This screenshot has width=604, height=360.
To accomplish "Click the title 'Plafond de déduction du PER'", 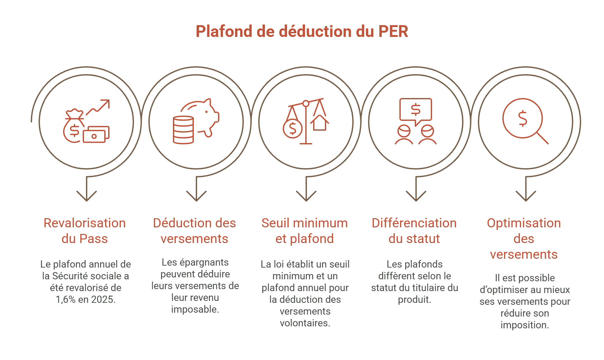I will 302,32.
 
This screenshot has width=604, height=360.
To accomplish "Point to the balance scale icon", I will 306,121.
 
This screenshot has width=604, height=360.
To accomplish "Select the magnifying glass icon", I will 525,121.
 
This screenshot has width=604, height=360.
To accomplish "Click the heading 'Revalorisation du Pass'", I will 85,231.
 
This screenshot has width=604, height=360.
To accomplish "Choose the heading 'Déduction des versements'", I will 195,231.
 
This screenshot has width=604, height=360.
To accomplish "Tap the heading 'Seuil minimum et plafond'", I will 305,231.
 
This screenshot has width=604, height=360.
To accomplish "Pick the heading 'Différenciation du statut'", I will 414,231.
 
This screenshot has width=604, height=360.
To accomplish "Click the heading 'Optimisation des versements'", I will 524,239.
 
